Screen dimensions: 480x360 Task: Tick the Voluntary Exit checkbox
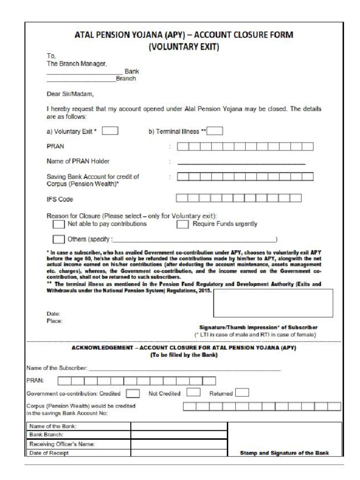click(x=110, y=131)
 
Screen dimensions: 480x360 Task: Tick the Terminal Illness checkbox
click(x=215, y=131)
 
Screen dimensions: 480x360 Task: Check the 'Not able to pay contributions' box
click(x=59, y=225)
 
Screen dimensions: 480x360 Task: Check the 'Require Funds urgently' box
click(x=182, y=225)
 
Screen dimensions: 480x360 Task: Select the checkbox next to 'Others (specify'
click(x=59, y=240)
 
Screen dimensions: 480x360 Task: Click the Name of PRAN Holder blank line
click(x=241, y=162)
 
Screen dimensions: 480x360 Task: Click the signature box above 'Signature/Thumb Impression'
click(x=273, y=303)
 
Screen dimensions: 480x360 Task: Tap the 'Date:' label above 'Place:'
click(x=53, y=314)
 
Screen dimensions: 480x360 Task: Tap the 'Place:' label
click(x=54, y=321)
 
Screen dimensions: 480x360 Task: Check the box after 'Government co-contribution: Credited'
click(x=133, y=393)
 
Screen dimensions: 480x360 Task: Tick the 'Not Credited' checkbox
click(x=194, y=392)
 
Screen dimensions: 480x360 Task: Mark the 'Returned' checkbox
click(x=242, y=392)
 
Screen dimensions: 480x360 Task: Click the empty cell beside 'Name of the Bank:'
click(x=179, y=426)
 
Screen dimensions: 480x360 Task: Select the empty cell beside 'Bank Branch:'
click(x=179, y=435)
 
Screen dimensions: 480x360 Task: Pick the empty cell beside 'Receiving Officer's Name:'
click(x=179, y=443)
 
